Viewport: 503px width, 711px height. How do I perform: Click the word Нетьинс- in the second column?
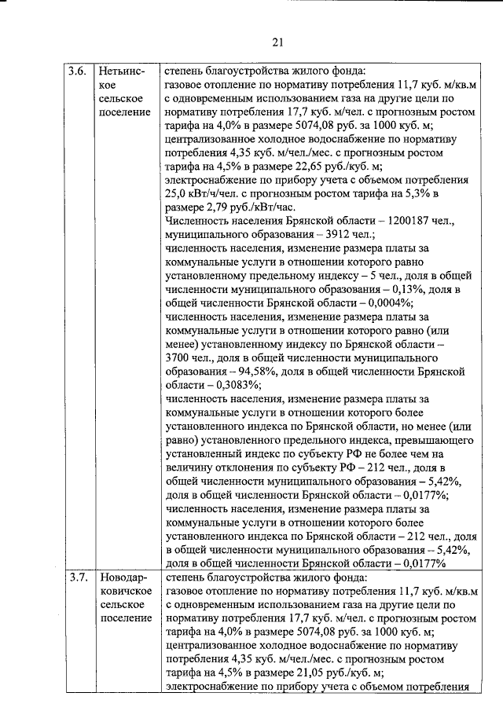pos(123,71)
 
